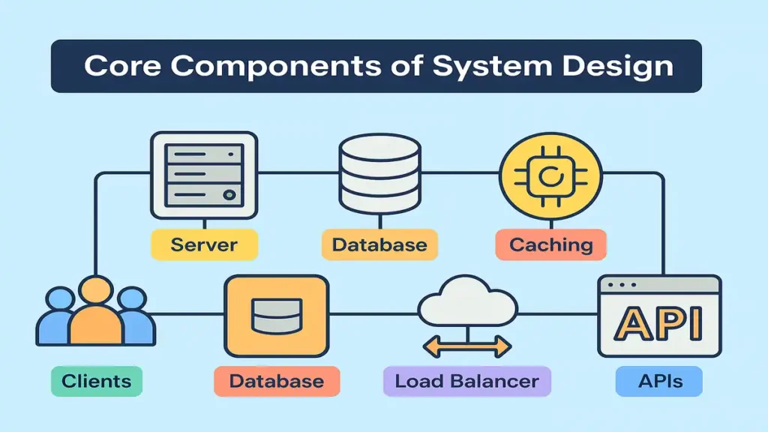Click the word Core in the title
[120, 66]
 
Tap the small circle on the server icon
[229, 195]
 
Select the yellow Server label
[204, 244]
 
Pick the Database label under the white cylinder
[379, 244]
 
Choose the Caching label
[550, 244]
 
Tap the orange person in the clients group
[95, 311]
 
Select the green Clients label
[96, 381]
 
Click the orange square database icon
[276, 315]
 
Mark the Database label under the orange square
[277, 381]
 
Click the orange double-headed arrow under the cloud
[466, 346]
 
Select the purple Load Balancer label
[466, 381]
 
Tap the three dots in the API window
[622, 285]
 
